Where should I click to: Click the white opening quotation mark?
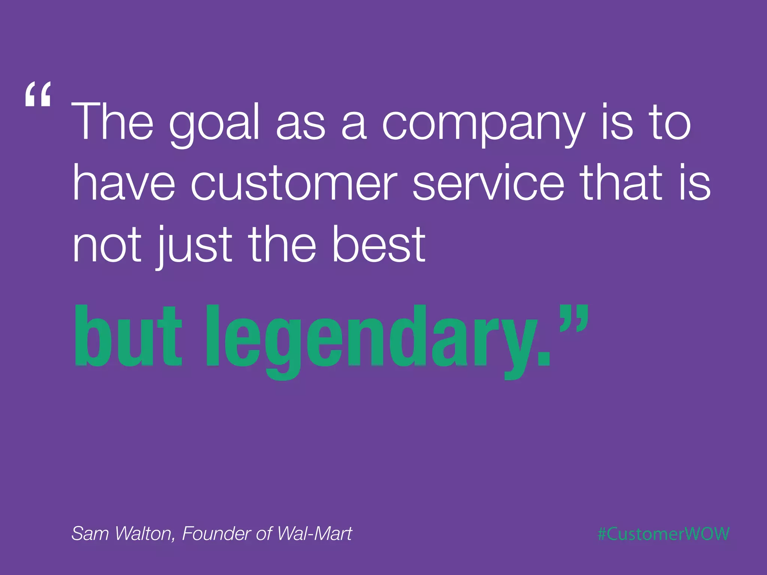point(37,95)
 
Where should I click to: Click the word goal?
point(214,124)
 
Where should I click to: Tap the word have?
point(124,183)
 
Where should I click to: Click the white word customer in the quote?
point(294,183)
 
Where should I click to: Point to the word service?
point(488,183)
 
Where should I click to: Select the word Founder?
point(216,533)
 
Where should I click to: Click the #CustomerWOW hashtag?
point(663,534)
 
